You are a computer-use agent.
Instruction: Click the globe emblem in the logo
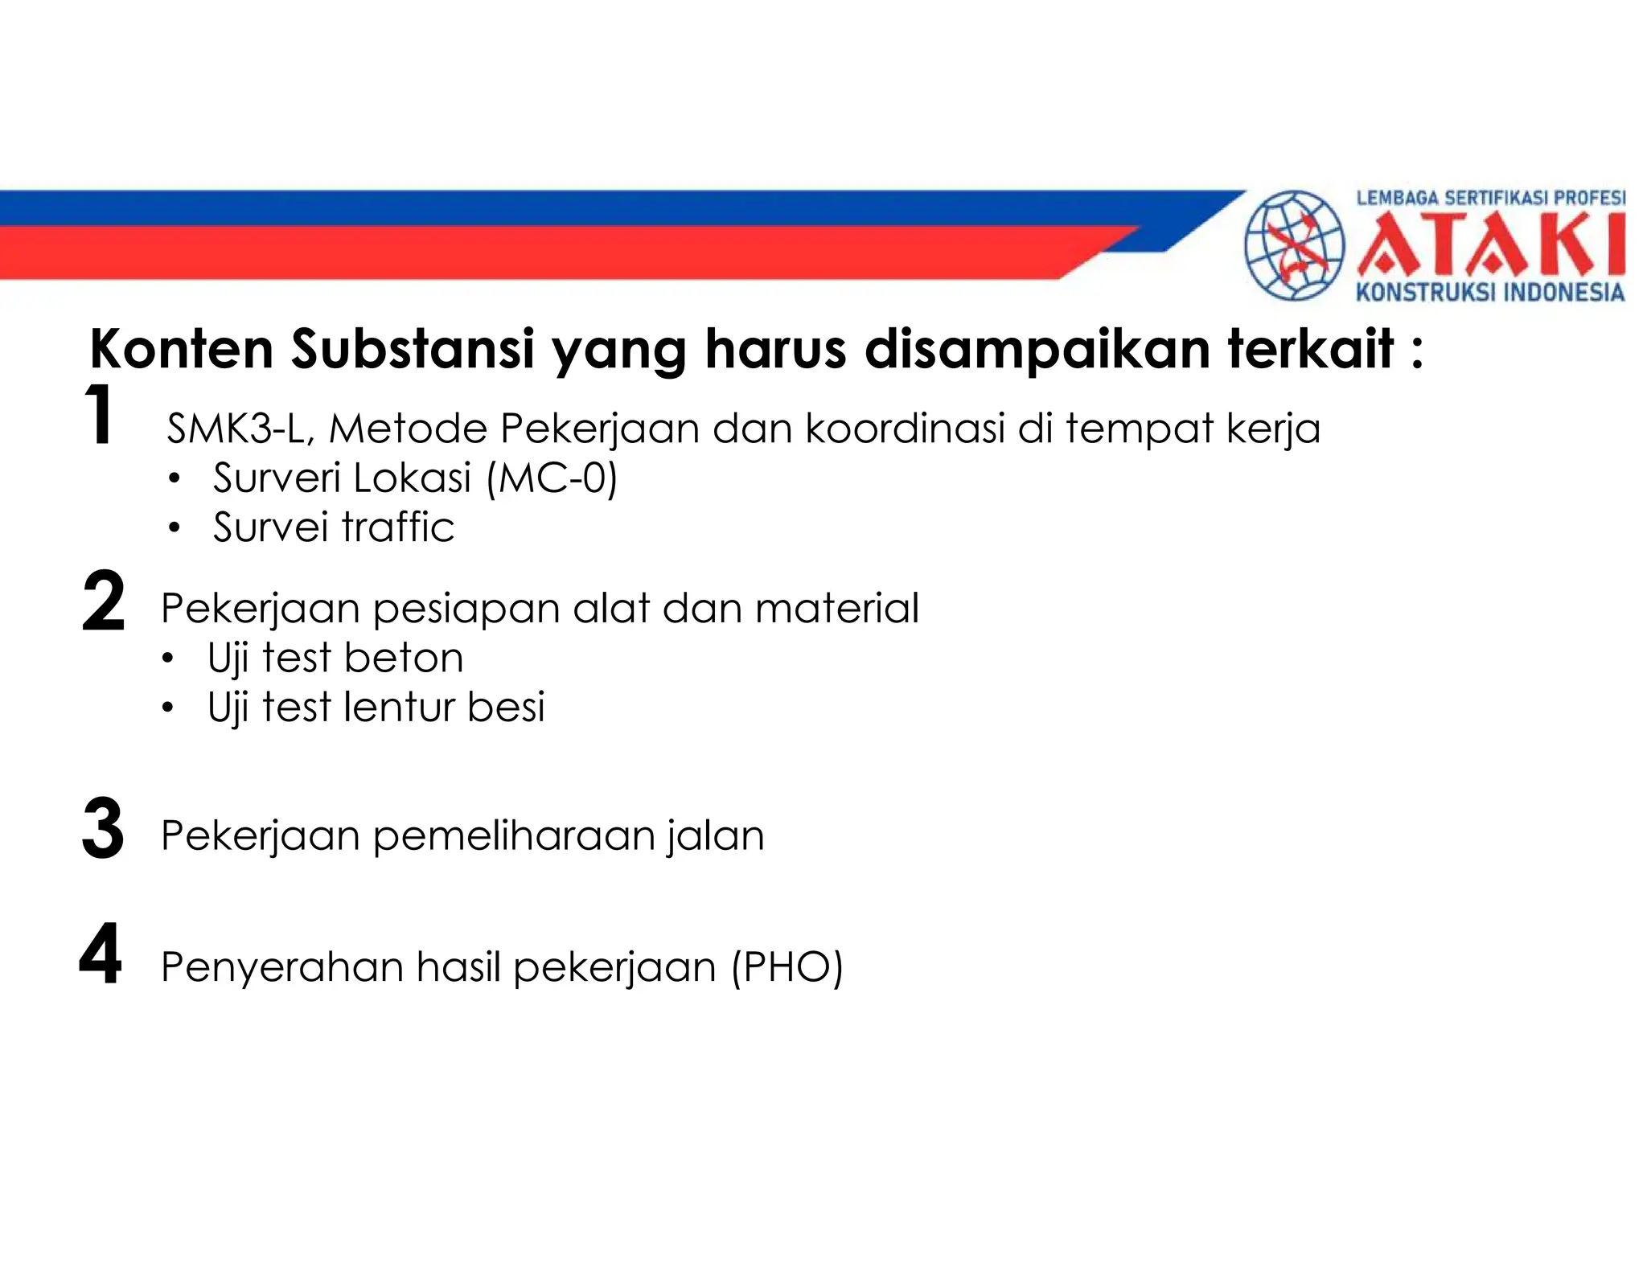tap(1294, 245)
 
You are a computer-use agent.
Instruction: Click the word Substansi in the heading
tap(413, 349)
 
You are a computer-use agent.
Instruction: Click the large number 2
tap(104, 601)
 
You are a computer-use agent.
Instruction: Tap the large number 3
tap(103, 829)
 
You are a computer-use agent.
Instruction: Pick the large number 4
tap(101, 954)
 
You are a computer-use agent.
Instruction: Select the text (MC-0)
tap(552, 478)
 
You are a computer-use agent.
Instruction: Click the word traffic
tap(398, 527)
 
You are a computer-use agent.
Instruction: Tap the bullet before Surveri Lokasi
tap(175, 480)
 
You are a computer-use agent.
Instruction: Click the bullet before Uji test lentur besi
tap(167, 708)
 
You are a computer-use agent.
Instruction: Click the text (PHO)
tap(787, 966)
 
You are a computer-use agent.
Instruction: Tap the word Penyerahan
tap(281, 966)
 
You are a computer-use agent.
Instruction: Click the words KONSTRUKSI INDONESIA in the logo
tap(1490, 292)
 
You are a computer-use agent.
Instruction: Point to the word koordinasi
tap(906, 429)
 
